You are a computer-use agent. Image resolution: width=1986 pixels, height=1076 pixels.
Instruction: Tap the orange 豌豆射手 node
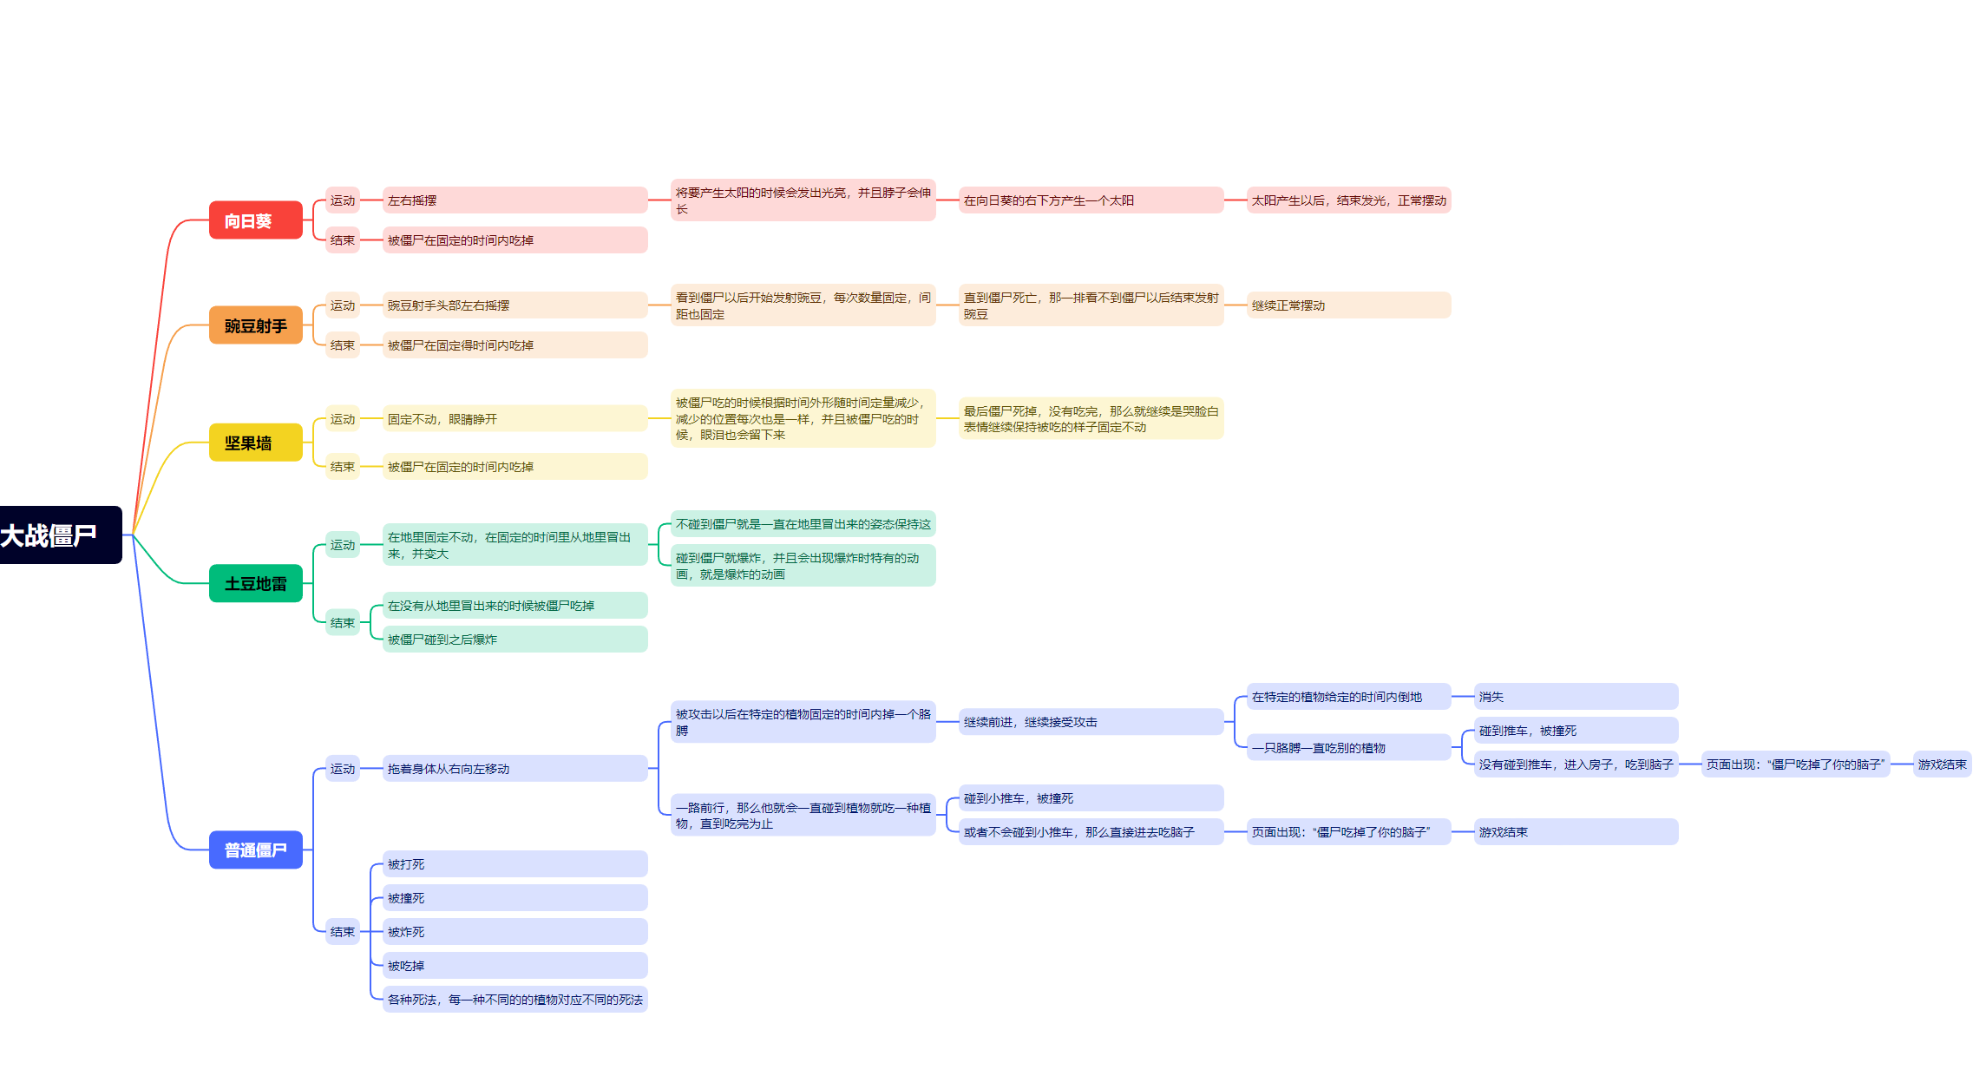[255, 325]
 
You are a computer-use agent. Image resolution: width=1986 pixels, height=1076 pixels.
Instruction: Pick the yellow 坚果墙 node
[255, 443]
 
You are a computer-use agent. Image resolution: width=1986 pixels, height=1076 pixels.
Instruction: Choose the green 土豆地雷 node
[255, 583]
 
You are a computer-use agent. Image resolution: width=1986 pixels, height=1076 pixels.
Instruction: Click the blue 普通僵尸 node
[255, 850]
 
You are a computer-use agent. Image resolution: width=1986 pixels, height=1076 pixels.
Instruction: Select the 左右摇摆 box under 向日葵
[515, 200]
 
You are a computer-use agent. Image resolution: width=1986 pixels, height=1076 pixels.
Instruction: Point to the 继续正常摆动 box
[1347, 305]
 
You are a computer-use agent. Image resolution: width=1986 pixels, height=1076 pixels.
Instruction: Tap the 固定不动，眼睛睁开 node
[515, 419]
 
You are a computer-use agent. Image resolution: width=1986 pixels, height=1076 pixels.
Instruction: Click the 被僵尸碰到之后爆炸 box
[515, 640]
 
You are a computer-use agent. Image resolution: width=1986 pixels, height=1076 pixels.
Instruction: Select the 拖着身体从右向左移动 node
[515, 769]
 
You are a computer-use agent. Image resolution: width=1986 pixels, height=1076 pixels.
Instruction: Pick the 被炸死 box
[515, 932]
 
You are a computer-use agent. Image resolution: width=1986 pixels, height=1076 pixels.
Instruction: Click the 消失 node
[1575, 697]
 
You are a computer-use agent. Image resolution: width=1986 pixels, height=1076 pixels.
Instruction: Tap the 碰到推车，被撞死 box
[1575, 731]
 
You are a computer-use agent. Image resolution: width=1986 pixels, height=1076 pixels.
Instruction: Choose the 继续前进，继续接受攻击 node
[1091, 722]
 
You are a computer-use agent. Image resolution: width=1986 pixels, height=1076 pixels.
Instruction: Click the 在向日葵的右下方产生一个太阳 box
[1091, 200]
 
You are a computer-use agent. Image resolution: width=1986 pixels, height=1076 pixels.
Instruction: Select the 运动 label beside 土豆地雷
[343, 545]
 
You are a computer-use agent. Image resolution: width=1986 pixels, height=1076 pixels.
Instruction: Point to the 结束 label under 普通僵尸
[343, 932]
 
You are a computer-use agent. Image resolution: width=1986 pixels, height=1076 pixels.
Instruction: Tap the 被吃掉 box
[515, 966]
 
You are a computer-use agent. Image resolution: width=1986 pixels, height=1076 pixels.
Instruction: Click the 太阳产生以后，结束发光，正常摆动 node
[1348, 200]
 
